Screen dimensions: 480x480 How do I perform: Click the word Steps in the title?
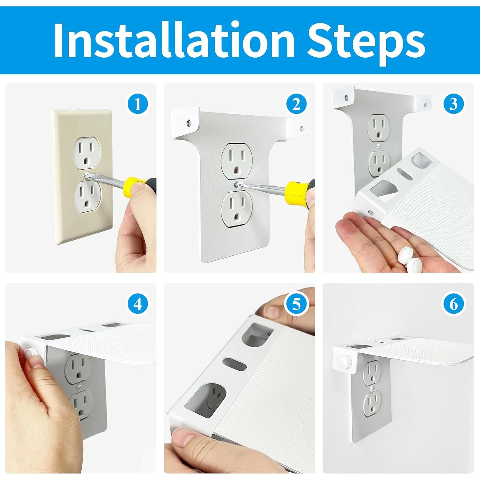tap(366, 43)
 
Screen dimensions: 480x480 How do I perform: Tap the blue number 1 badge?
tap(138, 104)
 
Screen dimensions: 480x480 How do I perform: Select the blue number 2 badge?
tap(296, 104)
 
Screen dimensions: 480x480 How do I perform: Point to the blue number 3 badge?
tap(453, 104)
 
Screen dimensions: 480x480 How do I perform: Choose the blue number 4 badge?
tap(138, 304)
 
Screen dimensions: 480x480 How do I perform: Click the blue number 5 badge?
tap(296, 304)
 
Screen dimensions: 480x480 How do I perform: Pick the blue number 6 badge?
tap(453, 304)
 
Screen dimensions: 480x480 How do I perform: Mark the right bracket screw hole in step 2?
tap(301, 129)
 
